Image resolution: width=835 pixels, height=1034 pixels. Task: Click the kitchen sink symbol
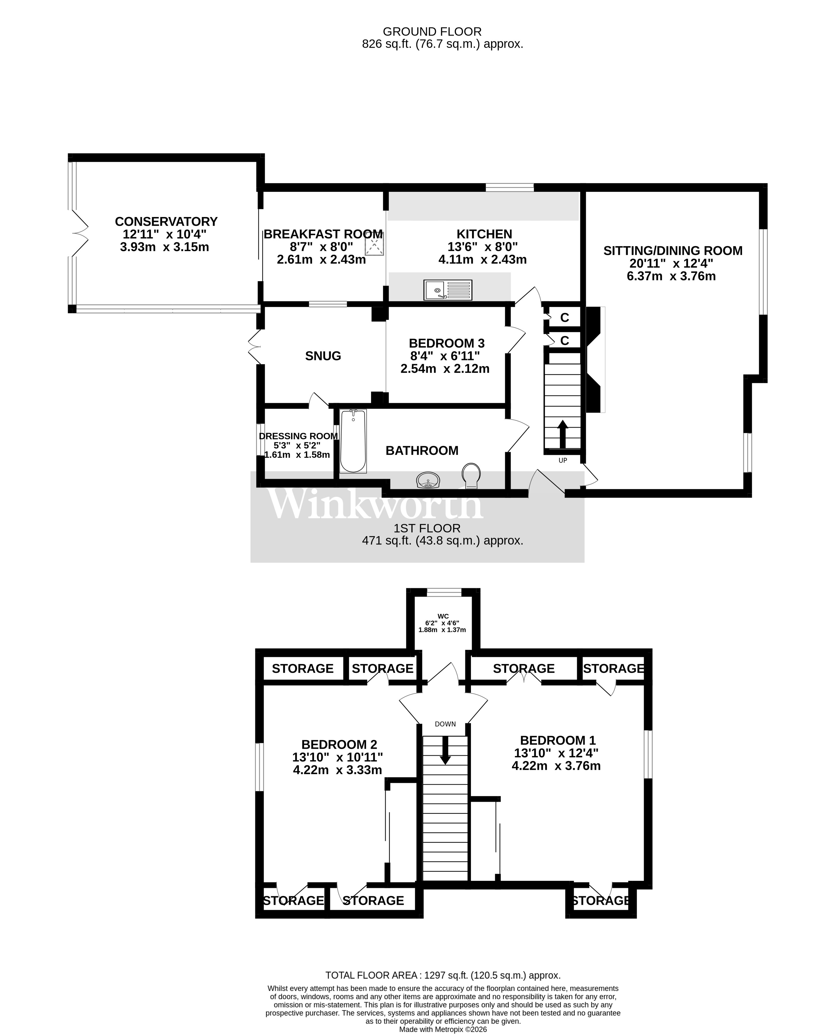(447, 290)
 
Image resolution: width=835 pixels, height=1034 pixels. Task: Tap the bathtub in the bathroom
(353, 441)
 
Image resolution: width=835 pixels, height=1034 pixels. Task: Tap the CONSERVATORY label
(166, 221)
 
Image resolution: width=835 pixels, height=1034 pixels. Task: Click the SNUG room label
(323, 356)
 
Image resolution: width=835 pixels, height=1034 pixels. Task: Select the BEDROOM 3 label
(446, 343)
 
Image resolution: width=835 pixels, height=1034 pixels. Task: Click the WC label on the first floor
(443, 616)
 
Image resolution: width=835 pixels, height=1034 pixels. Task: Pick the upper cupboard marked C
(565, 317)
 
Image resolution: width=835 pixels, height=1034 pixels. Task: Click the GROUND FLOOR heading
(432, 32)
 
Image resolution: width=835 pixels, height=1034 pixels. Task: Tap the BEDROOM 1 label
(558, 740)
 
